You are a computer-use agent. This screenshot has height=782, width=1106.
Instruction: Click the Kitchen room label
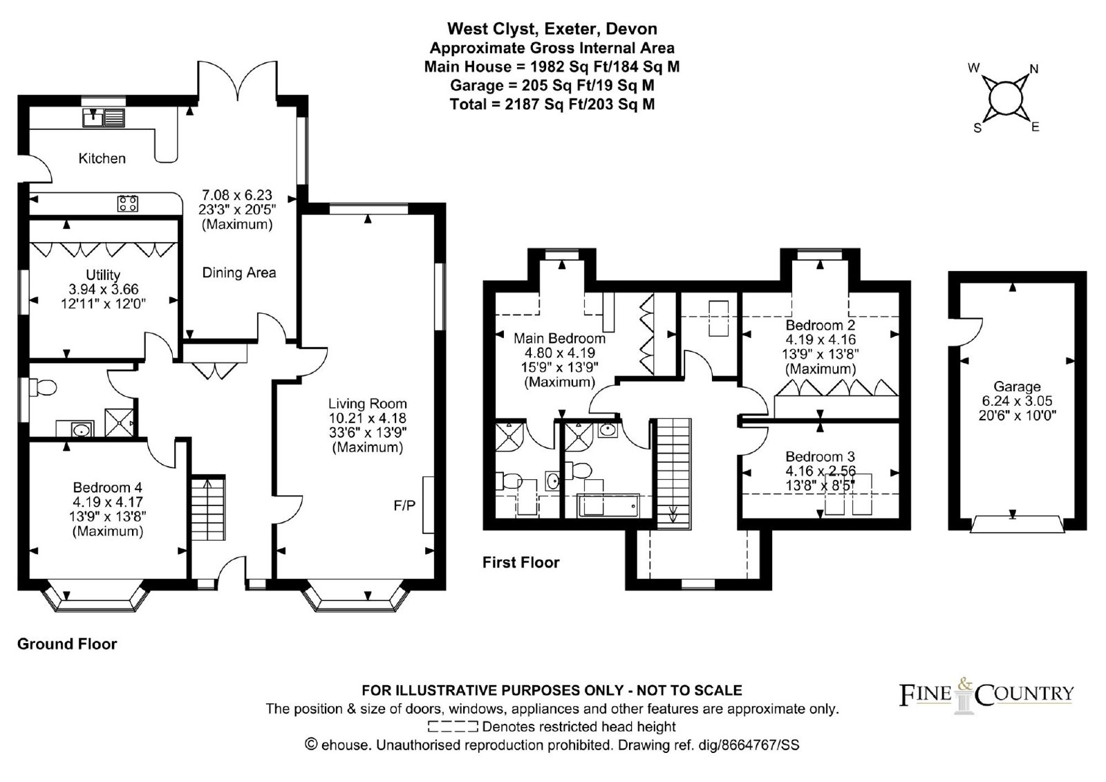pyautogui.click(x=102, y=158)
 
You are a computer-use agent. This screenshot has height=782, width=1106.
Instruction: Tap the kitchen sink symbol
pyautogui.click(x=104, y=118)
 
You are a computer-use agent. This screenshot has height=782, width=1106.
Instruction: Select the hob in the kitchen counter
pyautogui.click(x=127, y=203)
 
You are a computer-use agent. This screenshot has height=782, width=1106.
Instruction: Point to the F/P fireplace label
pyautogui.click(x=404, y=505)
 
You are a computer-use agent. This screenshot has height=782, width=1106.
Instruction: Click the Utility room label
pyautogui.click(x=103, y=274)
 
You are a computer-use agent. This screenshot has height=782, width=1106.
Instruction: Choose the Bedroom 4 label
pyautogui.click(x=108, y=487)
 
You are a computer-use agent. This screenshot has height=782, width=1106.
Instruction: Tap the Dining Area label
pyautogui.click(x=239, y=272)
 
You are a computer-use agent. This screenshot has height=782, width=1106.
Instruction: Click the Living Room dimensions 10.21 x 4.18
pyautogui.click(x=367, y=418)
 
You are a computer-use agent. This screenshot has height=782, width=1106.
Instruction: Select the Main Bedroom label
pyautogui.click(x=559, y=338)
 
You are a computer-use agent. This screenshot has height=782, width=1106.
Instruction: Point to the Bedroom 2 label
pyautogui.click(x=820, y=326)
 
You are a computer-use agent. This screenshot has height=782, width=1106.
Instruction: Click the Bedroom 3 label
pyautogui.click(x=820, y=456)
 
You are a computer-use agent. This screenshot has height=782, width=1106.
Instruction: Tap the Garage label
pyautogui.click(x=1017, y=387)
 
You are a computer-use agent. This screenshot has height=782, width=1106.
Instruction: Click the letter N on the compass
pyautogui.click(x=1034, y=69)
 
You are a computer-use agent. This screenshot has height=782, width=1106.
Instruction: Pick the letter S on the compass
pyautogui.click(x=977, y=129)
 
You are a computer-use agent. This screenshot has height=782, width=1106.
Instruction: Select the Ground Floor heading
pyautogui.click(x=67, y=644)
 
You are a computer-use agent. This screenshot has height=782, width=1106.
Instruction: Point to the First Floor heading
pyautogui.click(x=521, y=562)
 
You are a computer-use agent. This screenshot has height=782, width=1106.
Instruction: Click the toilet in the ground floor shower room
pyautogui.click(x=42, y=388)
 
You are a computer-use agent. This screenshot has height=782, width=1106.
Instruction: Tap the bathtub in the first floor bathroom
pyautogui.click(x=610, y=505)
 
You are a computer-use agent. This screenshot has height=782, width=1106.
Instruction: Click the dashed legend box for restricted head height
pyautogui.click(x=453, y=727)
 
